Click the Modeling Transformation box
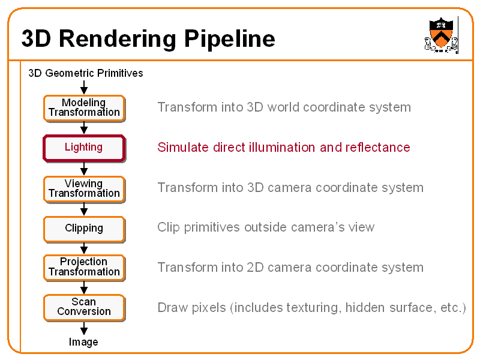click(x=84, y=108)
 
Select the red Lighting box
click(x=84, y=148)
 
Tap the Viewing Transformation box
click(x=84, y=189)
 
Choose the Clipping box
click(x=84, y=229)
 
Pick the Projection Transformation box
click(x=84, y=268)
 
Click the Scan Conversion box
click(x=84, y=308)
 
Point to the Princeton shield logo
click(x=441, y=35)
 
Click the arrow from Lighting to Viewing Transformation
click(x=84, y=169)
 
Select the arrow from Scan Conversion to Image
click(x=84, y=328)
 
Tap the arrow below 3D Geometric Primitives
click(x=84, y=87)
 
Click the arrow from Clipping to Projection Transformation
click(x=84, y=248)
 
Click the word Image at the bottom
click(x=83, y=342)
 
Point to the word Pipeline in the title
click(x=229, y=39)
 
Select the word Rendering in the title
click(x=117, y=39)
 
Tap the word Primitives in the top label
click(x=119, y=73)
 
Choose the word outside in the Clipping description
click(x=265, y=227)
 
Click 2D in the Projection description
click(x=254, y=268)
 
